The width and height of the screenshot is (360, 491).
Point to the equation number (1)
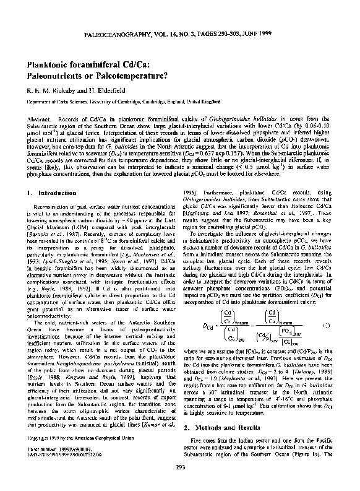pyautogui.click(x=326, y=324)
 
